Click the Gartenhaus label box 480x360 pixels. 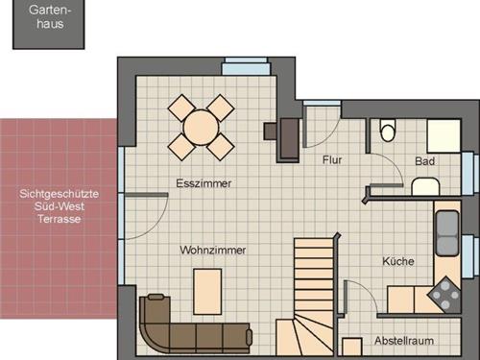click(x=49, y=24)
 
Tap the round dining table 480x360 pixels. click(x=201, y=128)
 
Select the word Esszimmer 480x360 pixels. click(x=204, y=183)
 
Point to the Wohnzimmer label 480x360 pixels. click(x=213, y=250)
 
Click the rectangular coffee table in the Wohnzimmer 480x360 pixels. click(x=207, y=292)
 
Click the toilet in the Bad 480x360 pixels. click(x=388, y=131)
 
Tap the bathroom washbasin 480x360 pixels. click(x=425, y=186)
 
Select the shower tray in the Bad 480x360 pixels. click(x=444, y=135)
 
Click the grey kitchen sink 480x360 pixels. click(x=447, y=232)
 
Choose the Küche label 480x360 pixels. click(x=398, y=261)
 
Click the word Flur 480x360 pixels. click(x=332, y=159)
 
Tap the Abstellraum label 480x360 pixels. click(x=404, y=341)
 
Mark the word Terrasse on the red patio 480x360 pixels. click(x=60, y=219)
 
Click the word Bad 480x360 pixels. click(x=424, y=161)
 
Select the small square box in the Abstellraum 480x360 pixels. click(x=352, y=347)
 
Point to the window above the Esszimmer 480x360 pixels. click(x=246, y=66)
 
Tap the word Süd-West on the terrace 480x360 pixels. click(x=60, y=206)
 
